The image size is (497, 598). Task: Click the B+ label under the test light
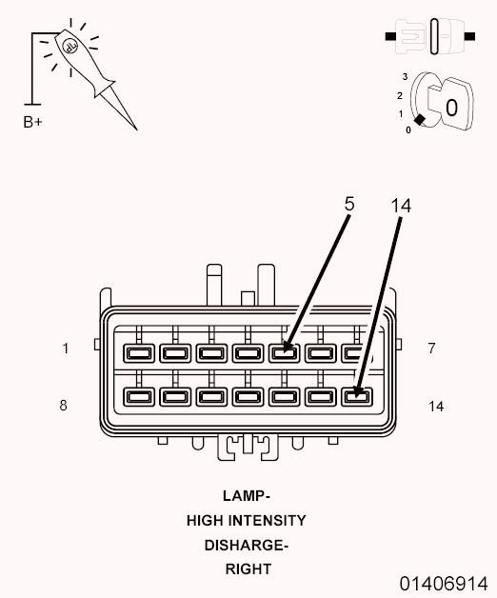coord(32,122)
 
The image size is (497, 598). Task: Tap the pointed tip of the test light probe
coord(137,130)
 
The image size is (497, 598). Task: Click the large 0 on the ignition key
coord(451,108)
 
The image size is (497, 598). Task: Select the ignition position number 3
coord(405,77)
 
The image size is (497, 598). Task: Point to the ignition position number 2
coord(399,95)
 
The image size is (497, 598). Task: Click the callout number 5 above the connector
coord(349,204)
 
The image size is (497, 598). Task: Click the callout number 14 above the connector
coord(401,206)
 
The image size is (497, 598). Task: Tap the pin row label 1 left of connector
coord(66,349)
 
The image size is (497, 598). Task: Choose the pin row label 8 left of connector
coord(64,405)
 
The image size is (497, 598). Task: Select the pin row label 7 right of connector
coord(431,348)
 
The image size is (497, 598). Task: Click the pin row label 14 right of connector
coord(436,407)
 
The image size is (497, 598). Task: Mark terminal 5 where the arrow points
coord(284,353)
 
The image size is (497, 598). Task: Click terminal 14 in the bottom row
coord(356,397)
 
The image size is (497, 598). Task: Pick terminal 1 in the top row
coord(139,353)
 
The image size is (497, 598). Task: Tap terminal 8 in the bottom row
coord(139,397)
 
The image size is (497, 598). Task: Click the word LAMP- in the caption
coord(247,496)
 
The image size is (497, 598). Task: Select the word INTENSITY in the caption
coord(269,521)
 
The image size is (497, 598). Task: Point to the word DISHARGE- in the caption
coord(247,546)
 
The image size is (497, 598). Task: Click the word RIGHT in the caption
coord(248,569)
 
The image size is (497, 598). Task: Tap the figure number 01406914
coord(444,584)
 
